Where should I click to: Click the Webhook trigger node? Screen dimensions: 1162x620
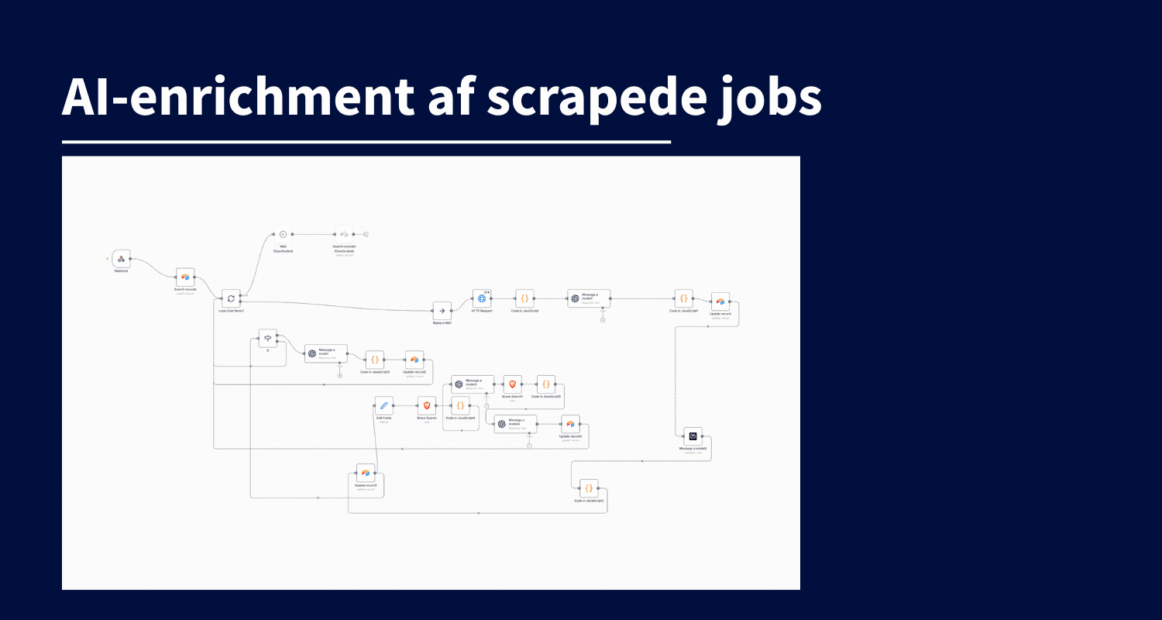(121, 259)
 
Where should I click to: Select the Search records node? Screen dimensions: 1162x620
(185, 277)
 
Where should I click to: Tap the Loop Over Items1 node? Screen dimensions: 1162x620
(231, 298)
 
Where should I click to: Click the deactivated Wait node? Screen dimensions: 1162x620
(283, 234)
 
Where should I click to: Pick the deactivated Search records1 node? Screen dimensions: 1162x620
(344, 234)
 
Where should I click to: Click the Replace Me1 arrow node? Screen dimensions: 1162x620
(442, 311)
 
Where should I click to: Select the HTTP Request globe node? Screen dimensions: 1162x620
(482, 298)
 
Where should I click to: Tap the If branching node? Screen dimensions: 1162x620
(267, 338)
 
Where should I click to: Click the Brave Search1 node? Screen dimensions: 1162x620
(512, 384)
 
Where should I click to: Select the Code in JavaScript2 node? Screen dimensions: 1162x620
(589, 488)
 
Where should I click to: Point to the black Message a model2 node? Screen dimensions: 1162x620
(693, 436)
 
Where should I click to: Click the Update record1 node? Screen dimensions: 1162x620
(720, 302)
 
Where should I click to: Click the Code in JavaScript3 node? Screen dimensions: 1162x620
(375, 360)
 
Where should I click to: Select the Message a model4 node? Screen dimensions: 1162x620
(515, 424)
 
